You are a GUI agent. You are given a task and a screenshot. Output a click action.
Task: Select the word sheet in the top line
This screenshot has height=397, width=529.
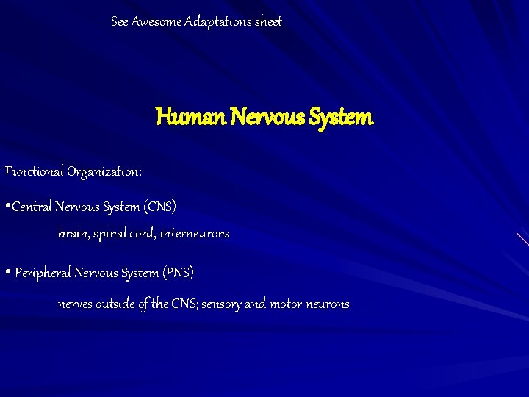pyautogui.click(x=268, y=22)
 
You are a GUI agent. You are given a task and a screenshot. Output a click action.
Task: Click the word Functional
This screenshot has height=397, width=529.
pyautogui.click(x=35, y=172)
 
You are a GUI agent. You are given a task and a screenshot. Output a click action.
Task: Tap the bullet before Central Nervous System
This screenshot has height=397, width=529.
pyautogui.click(x=7, y=207)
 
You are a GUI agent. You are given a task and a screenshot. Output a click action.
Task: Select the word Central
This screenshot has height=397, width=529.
pyautogui.click(x=32, y=207)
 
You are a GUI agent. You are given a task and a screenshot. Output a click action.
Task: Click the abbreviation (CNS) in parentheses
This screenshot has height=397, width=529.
pyautogui.click(x=159, y=207)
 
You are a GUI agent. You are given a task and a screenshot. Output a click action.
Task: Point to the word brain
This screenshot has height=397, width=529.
pyautogui.click(x=73, y=234)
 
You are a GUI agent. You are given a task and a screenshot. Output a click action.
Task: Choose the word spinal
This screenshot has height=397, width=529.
pyautogui.click(x=111, y=235)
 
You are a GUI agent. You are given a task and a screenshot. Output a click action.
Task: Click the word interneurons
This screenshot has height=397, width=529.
pyautogui.click(x=195, y=234)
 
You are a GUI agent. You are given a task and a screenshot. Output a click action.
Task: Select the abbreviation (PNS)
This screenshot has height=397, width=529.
pyautogui.click(x=179, y=273)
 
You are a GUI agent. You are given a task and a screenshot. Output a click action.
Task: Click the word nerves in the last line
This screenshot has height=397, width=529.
pyautogui.click(x=75, y=304)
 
